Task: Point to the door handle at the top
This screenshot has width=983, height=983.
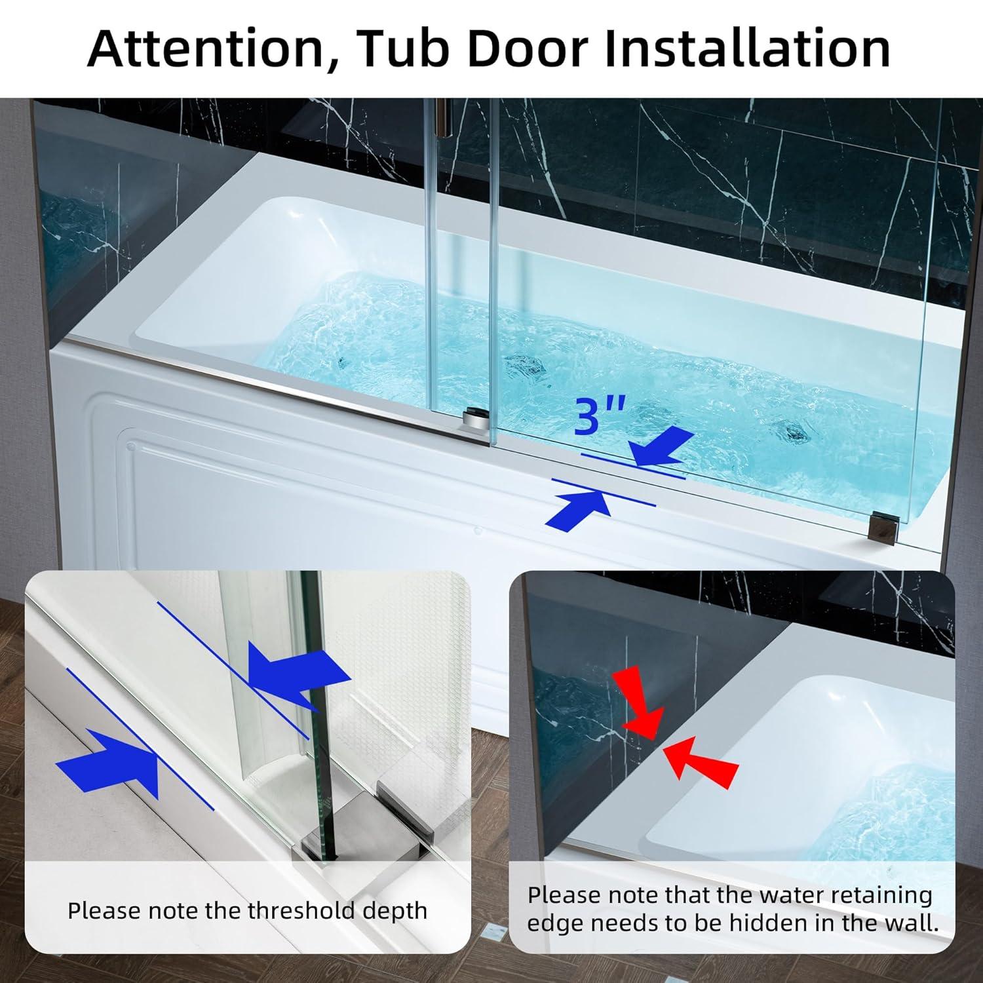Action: (446, 118)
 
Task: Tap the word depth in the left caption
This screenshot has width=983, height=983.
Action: (396, 911)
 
